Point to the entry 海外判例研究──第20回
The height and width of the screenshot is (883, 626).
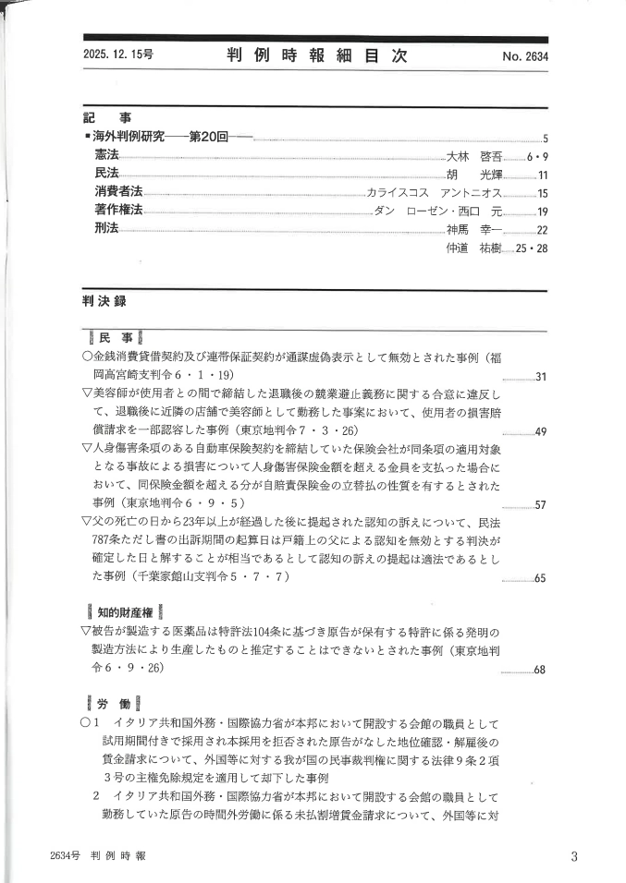pyautogui.click(x=172, y=137)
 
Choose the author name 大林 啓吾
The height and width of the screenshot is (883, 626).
pyautogui.click(x=474, y=156)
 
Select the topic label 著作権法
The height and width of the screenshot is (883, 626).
pyautogui.click(x=118, y=211)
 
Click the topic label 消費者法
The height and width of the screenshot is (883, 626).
pyautogui.click(x=118, y=192)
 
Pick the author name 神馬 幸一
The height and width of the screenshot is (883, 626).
pyautogui.click(x=474, y=229)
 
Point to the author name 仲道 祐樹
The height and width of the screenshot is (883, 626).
pyautogui.click(x=474, y=248)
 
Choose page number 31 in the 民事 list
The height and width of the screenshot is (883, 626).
pyautogui.click(x=542, y=377)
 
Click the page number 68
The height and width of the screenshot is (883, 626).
pyautogui.click(x=541, y=669)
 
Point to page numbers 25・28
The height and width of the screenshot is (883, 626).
pyautogui.click(x=532, y=248)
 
